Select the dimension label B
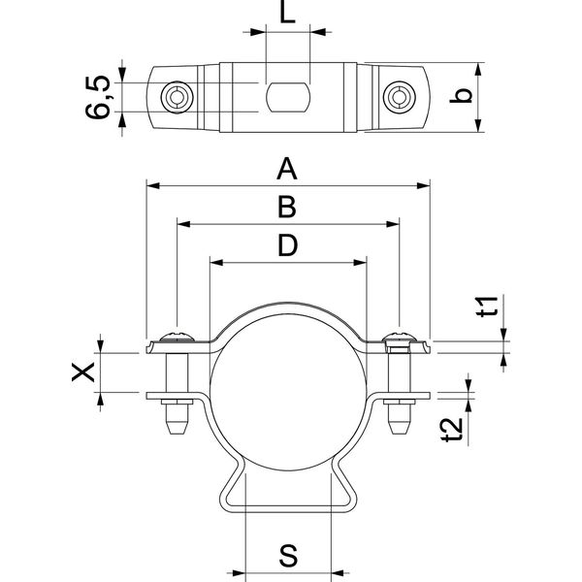[286, 208]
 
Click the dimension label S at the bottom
[288, 556]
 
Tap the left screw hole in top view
[175, 96]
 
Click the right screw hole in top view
[397, 96]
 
